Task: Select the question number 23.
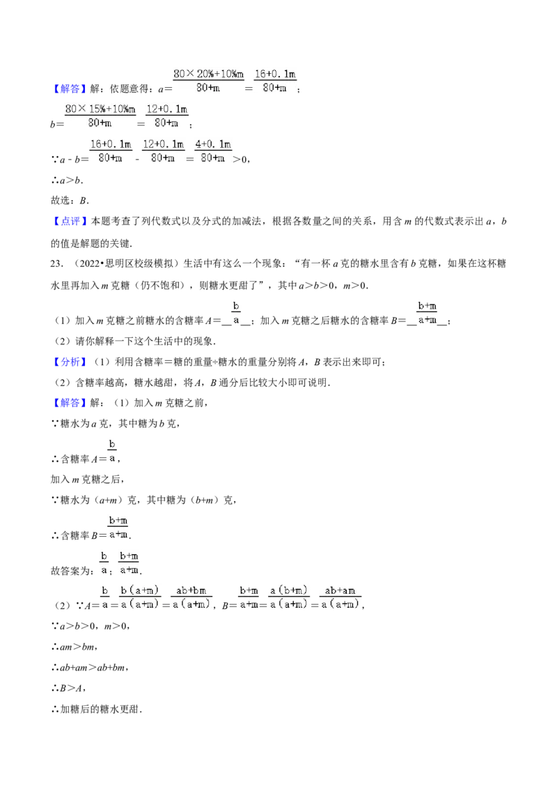57,263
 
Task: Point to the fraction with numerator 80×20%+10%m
209,81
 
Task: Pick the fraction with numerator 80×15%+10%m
100,116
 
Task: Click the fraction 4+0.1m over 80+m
213,151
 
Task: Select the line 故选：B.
70,201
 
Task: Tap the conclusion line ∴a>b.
67,180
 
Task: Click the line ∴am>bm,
74,647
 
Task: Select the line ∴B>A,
68,689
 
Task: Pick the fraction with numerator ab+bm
191,597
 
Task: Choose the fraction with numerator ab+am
340,597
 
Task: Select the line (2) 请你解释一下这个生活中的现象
135,341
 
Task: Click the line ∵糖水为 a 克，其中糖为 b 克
116,424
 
